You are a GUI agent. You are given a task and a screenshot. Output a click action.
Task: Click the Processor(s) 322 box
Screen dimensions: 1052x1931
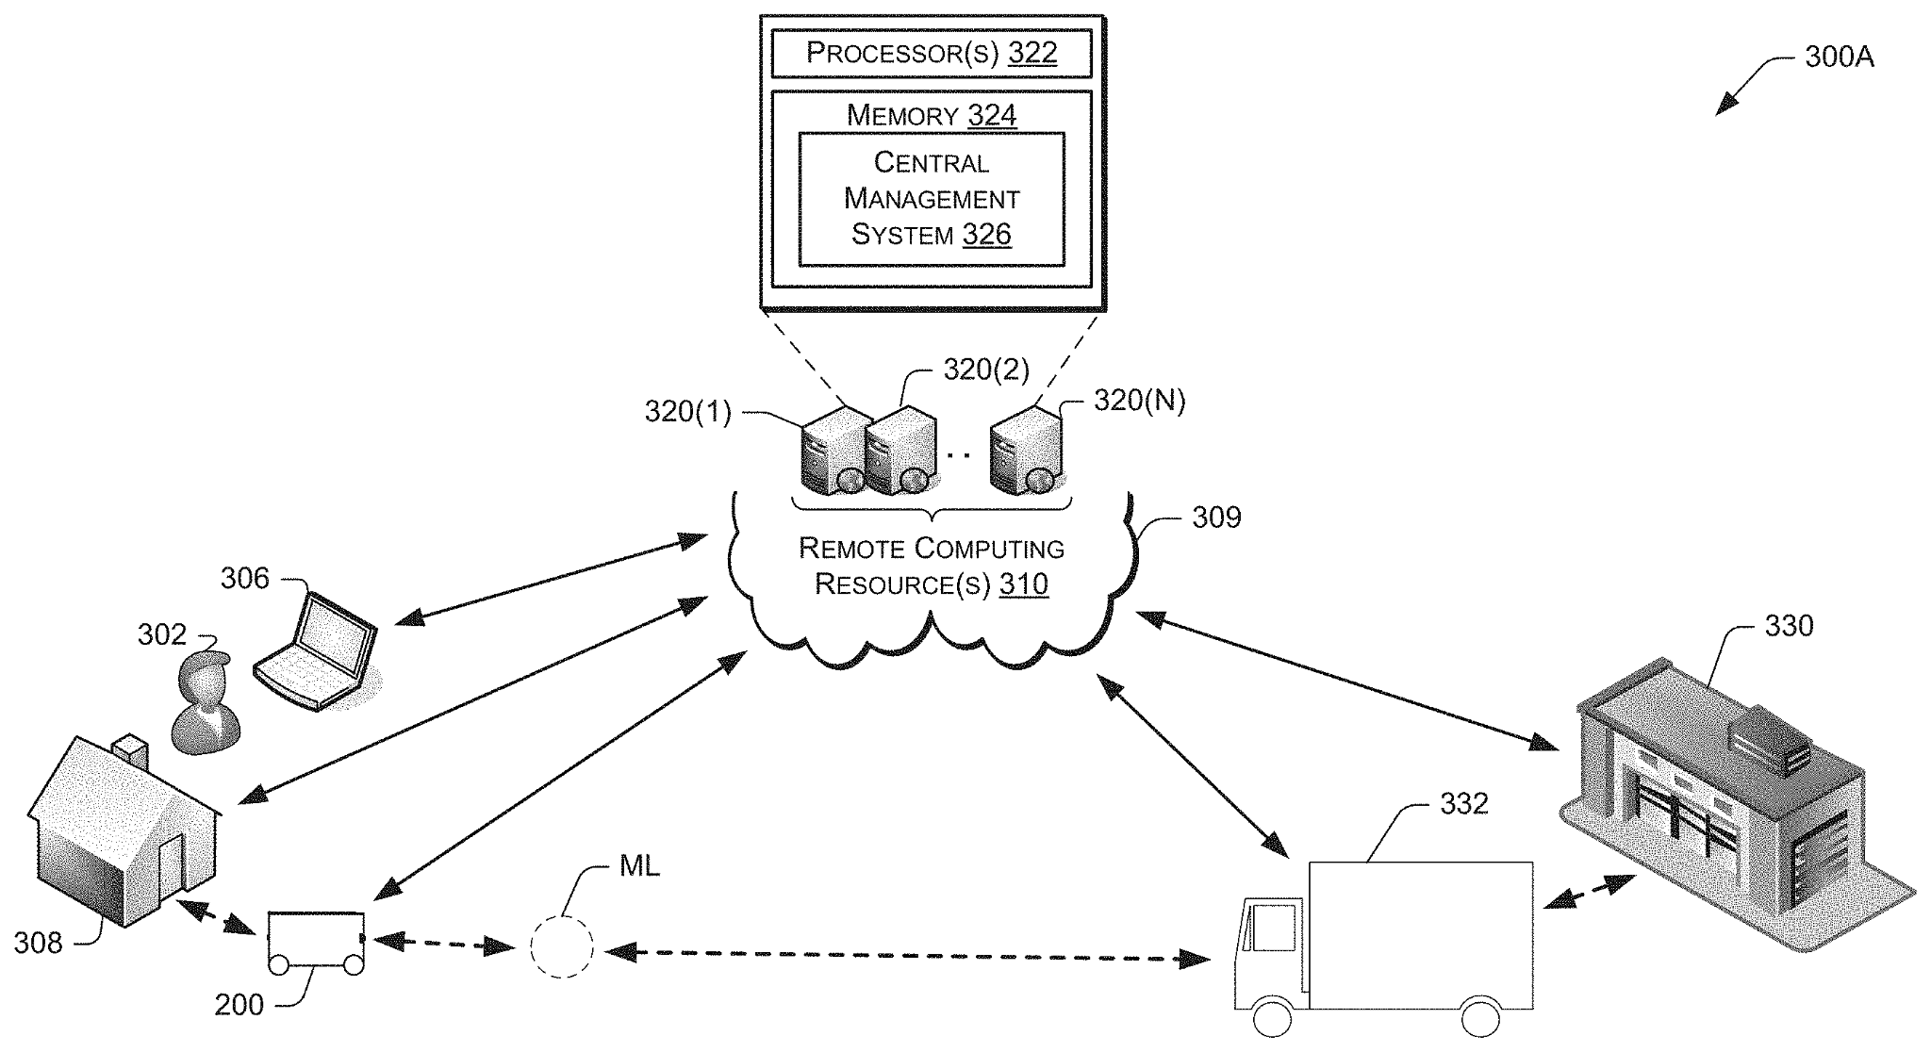[x=931, y=54]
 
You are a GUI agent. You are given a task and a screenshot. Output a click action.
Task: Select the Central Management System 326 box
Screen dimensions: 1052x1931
[x=931, y=199]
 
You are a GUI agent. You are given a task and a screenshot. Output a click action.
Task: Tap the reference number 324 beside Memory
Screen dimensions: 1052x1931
[x=992, y=115]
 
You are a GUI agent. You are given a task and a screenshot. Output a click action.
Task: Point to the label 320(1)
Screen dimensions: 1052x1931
[x=687, y=411]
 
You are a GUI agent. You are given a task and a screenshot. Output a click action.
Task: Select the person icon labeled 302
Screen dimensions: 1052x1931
[x=205, y=703]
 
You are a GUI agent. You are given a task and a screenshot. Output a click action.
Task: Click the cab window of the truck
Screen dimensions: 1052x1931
[x=1272, y=926]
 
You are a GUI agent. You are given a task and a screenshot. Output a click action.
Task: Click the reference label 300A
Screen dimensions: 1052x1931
[x=1839, y=57]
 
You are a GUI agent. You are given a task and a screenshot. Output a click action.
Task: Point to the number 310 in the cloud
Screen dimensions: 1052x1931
[x=1023, y=584]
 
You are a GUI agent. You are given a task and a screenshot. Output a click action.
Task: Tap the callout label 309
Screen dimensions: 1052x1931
[x=1216, y=518]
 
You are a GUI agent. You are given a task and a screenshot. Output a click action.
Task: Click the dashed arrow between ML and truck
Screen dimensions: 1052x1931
[x=905, y=956]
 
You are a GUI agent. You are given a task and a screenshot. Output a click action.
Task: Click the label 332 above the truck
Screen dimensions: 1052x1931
[x=1463, y=803]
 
